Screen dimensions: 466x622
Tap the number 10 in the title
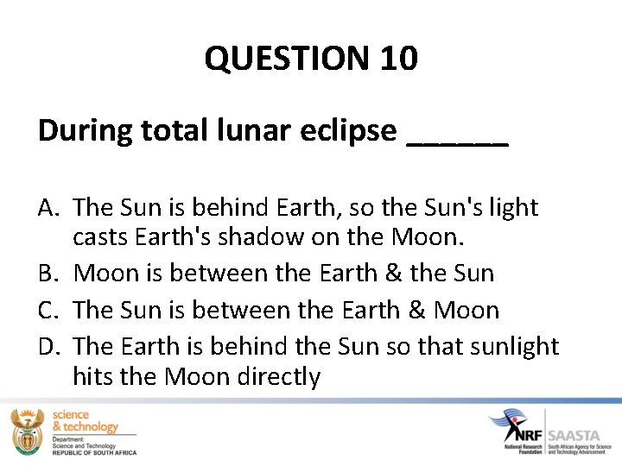[397, 59]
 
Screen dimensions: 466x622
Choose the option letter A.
[48, 208]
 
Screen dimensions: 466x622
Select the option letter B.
[48, 274]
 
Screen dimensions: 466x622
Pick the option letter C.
[48, 310]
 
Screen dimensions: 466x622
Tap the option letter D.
[49, 346]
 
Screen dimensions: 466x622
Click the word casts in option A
[99, 236]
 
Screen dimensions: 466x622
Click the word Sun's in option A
[456, 208]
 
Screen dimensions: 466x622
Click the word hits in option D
[91, 377]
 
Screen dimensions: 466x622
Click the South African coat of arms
[27, 431]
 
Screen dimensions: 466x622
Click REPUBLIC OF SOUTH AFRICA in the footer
[94, 451]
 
